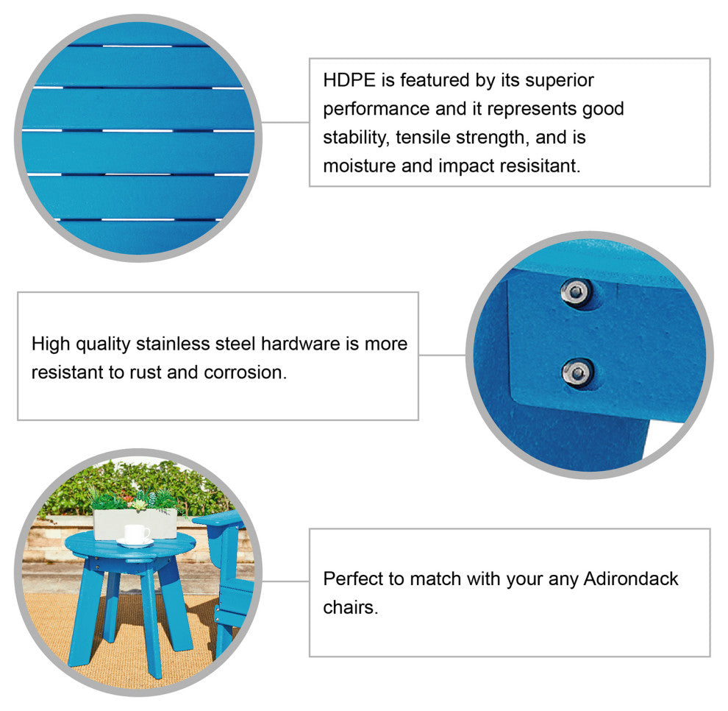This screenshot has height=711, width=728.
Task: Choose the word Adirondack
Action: pyautogui.click(x=631, y=579)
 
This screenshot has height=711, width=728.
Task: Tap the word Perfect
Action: pyautogui.click(x=353, y=579)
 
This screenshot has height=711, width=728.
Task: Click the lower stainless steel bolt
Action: pyautogui.click(x=577, y=372)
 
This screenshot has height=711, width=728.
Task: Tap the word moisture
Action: pyautogui.click(x=359, y=166)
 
